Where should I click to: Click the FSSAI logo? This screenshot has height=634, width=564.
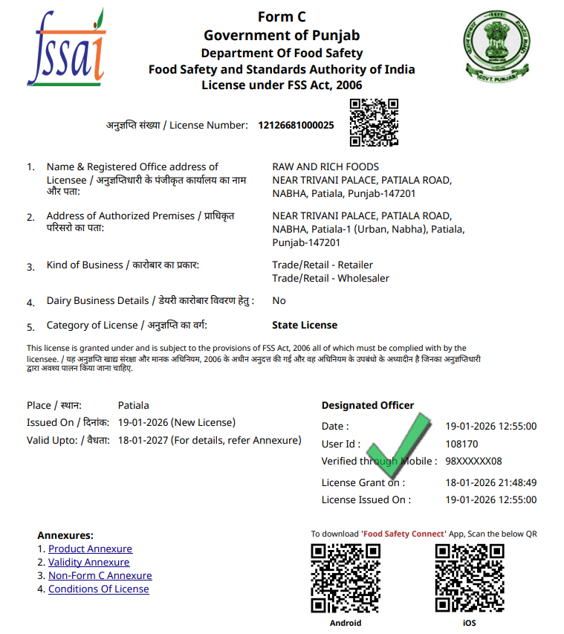click(65, 48)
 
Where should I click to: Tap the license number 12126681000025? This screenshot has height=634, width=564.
click(296, 125)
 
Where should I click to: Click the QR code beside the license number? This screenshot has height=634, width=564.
click(375, 123)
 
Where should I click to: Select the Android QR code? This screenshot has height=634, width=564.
click(346, 578)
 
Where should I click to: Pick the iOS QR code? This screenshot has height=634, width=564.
click(470, 578)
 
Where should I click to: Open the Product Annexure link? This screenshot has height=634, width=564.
click(90, 549)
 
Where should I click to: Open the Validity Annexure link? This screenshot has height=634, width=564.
click(88, 562)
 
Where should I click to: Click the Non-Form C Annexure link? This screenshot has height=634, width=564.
click(100, 575)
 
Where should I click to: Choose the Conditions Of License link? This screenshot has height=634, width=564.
click(98, 589)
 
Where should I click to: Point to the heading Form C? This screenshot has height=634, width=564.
click(282, 17)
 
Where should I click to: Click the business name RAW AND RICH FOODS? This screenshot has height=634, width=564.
click(325, 166)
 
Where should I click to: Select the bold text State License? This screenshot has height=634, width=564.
click(305, 325)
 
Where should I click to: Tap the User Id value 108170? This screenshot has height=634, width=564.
click(461, 444)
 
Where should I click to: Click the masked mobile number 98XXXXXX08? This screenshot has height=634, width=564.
click(473, 461)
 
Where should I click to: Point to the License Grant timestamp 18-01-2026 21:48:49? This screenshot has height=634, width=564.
click(490, 482)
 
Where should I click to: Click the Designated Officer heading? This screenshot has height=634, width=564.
click(367, 405)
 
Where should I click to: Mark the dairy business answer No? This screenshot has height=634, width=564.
click(279, 300)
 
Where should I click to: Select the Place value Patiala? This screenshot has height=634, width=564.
click(133, 405)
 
